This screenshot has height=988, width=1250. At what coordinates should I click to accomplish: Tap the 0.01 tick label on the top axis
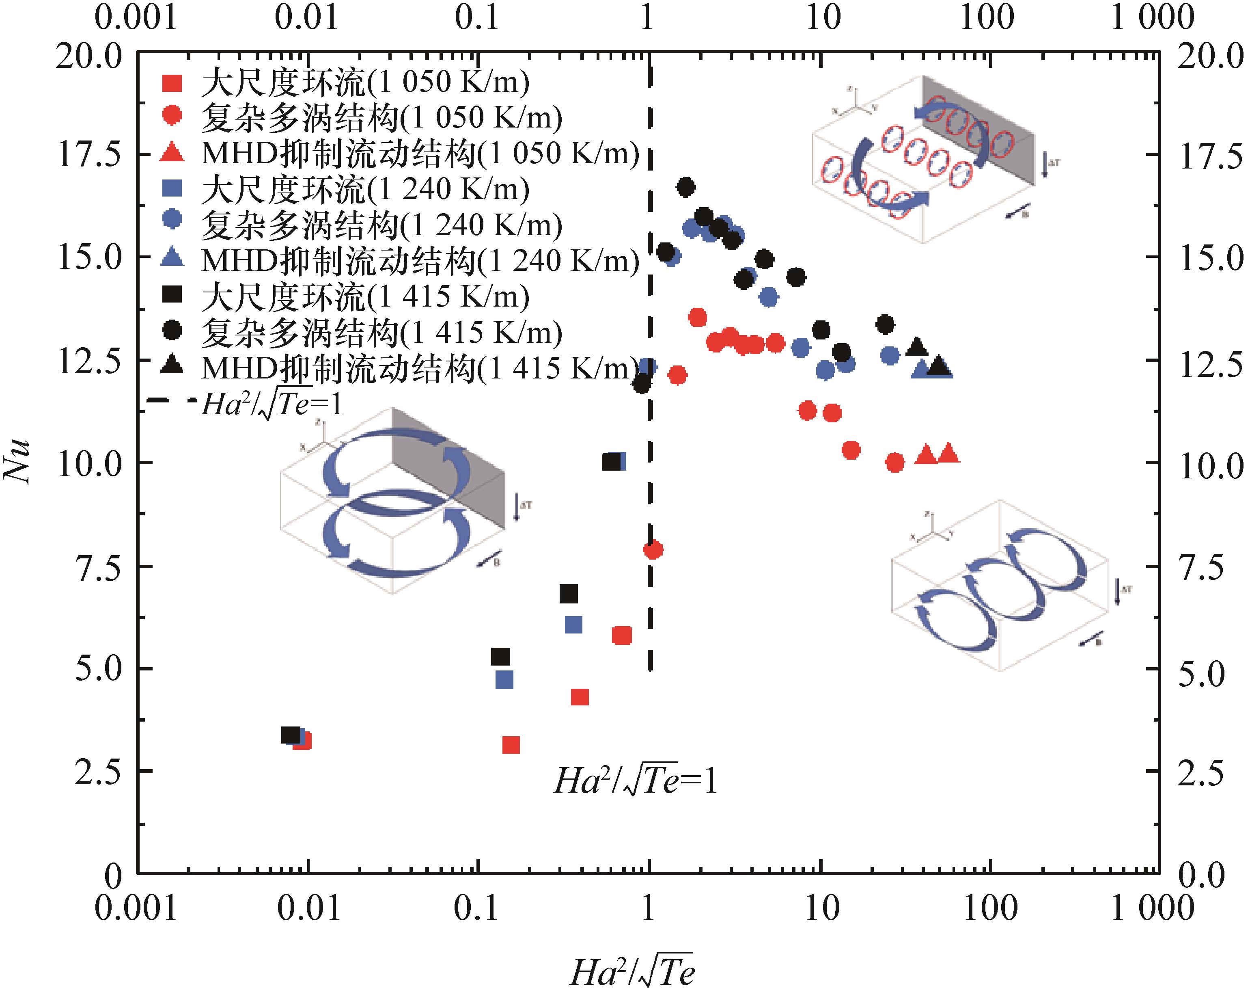click(306, 17)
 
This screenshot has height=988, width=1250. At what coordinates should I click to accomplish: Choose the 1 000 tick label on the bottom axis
click(1152, 908)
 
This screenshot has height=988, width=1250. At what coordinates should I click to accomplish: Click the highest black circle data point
click(686, 188)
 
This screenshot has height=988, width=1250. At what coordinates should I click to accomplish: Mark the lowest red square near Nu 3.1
click(511, 745)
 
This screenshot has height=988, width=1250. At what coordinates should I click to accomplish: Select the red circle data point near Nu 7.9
click(653, 549)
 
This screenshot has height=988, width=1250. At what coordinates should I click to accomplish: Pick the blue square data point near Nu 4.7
click(504, 680)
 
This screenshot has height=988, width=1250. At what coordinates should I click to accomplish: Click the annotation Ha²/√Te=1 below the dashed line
click(635, 781)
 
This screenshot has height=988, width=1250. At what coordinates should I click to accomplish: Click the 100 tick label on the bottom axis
click(990, 908)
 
